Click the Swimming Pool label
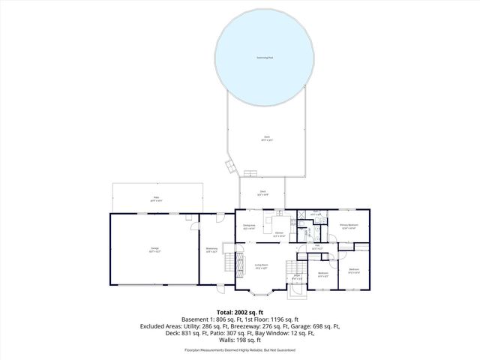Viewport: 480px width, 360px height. (x=265, y=57)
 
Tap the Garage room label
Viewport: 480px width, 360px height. (x=154, y=248)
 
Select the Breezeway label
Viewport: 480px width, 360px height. (x=212, y=249)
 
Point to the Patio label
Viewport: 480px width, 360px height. (x=154, y=199)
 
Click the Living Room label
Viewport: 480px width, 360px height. (x=262, y=265)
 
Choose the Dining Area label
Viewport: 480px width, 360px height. (x=250, y=226)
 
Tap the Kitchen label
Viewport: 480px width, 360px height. (x=279, y=235)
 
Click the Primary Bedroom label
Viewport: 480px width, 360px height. (x=348, y=226)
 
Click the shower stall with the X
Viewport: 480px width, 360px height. (x=301, y=214)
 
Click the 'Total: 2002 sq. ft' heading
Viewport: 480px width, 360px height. (x=239, y=312)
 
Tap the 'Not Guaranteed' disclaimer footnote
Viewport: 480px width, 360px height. (x=279, y=350)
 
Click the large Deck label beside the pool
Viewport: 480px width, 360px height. (x=266, y=137)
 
